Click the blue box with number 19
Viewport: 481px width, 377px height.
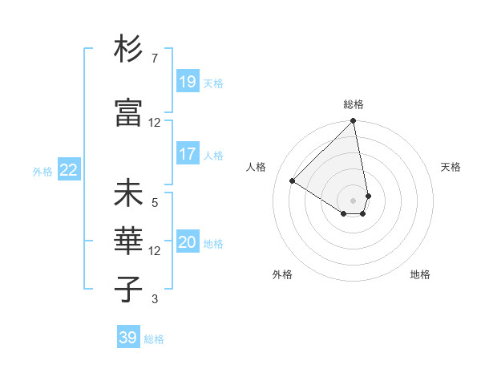pos(188,81)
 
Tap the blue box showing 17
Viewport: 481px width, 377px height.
pos(188,154)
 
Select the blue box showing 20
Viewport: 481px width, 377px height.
pos(188,242)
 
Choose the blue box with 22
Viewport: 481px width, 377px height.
pos(68,170)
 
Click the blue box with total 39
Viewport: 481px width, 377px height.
pos(128,338)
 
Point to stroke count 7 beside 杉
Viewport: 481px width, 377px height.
pos(154,59)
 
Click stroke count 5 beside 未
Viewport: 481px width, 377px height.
pos(154,203)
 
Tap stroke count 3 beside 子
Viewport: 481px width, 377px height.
pos(154,299)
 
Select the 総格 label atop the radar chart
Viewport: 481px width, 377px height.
pos(354,104)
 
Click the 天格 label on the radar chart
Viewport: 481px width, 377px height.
pos(451,167)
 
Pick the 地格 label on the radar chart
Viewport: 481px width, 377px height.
pos(420,274)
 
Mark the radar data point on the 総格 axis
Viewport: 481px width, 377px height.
pos(353,121)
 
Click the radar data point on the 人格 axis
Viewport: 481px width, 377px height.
pos(293,181)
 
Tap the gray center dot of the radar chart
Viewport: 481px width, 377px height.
pos(353,201)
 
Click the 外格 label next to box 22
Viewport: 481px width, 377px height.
pos(42,171)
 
